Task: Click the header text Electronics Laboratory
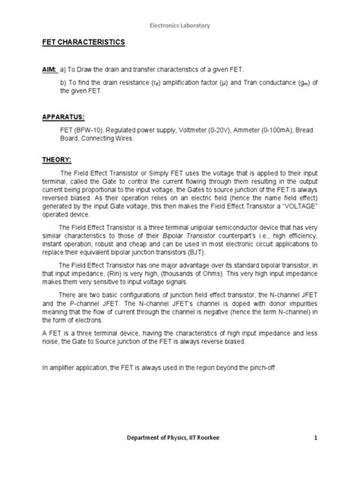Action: tap(179, 13)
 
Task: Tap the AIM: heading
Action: tap(49, 69)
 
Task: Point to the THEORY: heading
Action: tap(56, 160)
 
